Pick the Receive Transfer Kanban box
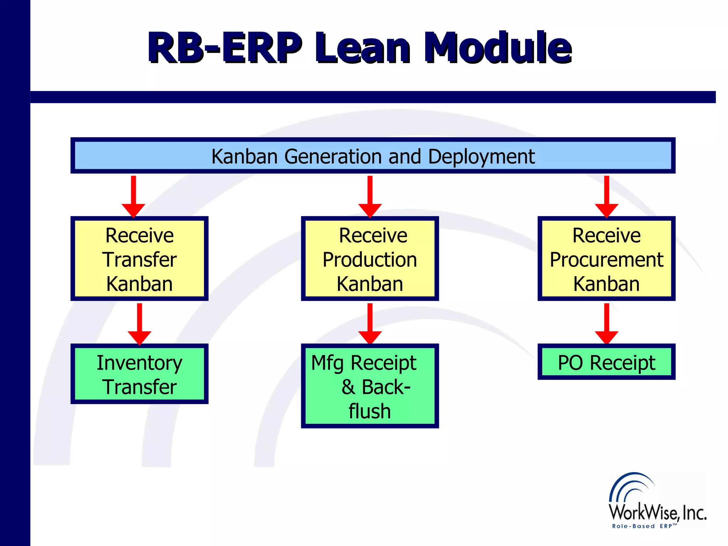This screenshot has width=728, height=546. click(x=139, y=259)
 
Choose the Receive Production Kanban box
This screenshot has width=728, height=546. click(x=370, y=259)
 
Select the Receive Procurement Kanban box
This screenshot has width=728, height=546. click(x=606, y=259)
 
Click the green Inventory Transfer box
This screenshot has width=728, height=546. click(x=139, y=374)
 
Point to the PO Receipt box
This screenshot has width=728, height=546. click(x=606, y=362)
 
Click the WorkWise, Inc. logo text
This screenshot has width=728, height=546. click(x=658, y=512)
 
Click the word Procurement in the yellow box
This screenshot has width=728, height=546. click(x=606, y=259)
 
